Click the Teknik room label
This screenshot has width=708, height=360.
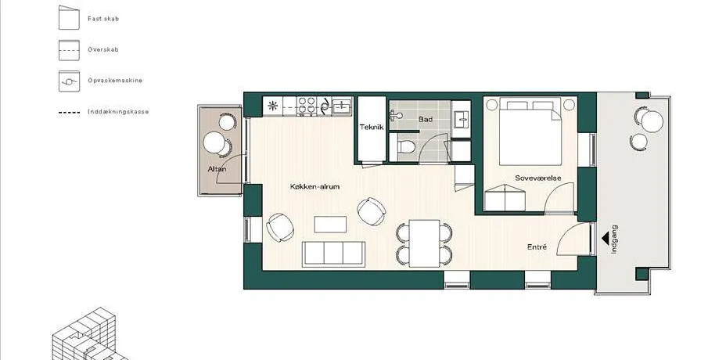click(372, 127)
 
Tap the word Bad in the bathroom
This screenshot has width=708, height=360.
click(426, 119)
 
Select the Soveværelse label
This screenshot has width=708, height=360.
click(538, 178)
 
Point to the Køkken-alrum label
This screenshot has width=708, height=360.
click(314, 186)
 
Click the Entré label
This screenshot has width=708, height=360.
click(537, 247)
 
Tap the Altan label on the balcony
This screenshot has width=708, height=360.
click(217, 169)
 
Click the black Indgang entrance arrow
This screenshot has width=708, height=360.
click(605, 239)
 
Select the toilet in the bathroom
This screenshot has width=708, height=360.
click(406, 146)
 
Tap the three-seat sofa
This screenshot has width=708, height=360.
click(334, 254)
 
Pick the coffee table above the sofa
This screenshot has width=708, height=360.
click(330, 225)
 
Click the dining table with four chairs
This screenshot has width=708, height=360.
click(425, 243)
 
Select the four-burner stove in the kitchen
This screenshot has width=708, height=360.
click(307, 106)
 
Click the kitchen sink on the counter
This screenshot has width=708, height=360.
click(342, 106)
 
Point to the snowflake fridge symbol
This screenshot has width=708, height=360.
click(273, 106)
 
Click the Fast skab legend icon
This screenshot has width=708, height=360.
click(69, 18)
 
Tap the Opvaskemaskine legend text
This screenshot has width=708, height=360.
click(115, 81)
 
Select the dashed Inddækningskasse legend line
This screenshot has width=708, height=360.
click(69, 112)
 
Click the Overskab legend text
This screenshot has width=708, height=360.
click(103, 49)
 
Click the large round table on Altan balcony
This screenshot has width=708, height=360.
click(214, 142)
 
